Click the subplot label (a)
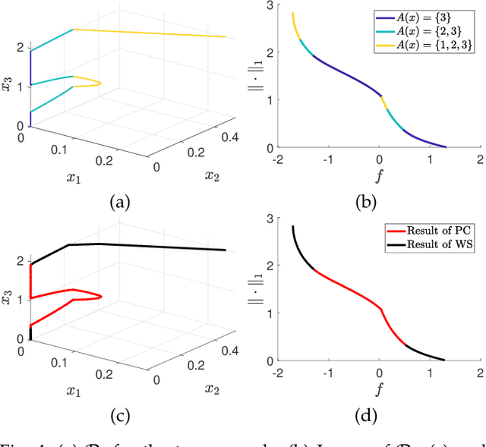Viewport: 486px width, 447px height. click(120, 202)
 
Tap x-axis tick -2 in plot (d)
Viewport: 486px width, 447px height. click(279, 372)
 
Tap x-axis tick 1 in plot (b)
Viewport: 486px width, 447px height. click(430, 159)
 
